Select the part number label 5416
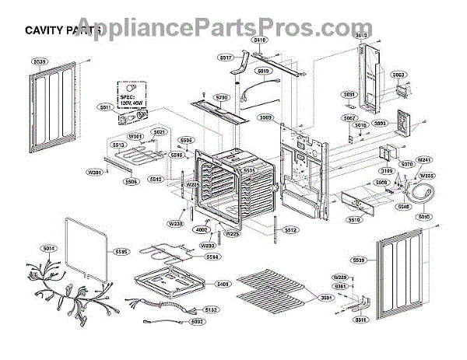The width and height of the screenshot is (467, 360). (x=260, y=38)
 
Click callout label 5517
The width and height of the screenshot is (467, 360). (x=226, y=58)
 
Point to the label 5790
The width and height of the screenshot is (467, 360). (x=222, y=97)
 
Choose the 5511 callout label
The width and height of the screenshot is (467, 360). (x=104, y=107)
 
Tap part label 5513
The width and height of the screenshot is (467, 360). (x=118, y=144)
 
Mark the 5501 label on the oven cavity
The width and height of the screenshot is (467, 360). (x=249, y=169)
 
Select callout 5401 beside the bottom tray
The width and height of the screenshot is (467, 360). (x=223, y=285)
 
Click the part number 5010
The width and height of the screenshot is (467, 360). (x=423, y=217)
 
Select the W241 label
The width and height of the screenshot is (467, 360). (x=424, y=159)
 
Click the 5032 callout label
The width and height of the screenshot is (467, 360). (x=198, y=321)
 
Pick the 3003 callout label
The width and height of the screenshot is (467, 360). (x=398, y=75)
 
